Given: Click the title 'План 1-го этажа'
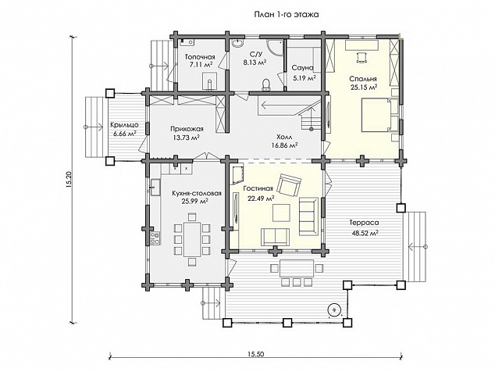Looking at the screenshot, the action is click(287, 15).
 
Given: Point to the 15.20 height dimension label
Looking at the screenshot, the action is click(69, 180).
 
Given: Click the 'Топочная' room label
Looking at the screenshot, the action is click(200, 57).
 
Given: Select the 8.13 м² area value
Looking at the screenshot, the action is click(255, 63).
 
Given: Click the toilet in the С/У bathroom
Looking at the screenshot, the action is click(267, 84).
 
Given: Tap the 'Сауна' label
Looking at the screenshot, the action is click(302, 68).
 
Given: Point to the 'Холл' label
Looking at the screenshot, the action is click(284, 138).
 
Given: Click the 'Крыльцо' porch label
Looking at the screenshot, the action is click(124, 125).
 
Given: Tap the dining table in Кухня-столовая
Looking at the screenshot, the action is click(192, 239).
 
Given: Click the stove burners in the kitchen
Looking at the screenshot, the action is click(155, 238).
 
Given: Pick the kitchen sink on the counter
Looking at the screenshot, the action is click(155, 187).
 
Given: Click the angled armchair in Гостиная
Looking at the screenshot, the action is click(289, 185).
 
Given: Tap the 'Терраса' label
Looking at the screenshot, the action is click(364, 223).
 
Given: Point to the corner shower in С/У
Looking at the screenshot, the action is click(274, 48).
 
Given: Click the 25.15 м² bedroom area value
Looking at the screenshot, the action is click(363, 87).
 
